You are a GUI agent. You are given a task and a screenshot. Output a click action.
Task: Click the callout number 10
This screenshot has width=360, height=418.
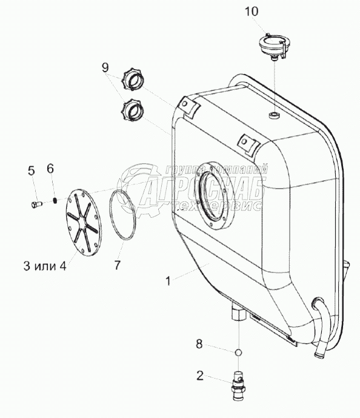(x=252, y=12)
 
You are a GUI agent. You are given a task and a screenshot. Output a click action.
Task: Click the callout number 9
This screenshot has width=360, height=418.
(x=105, y=68)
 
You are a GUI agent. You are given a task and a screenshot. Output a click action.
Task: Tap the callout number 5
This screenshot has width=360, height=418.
(x=32, y=171)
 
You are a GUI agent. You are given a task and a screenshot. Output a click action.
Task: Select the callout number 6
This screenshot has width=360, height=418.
(x=50, y=169)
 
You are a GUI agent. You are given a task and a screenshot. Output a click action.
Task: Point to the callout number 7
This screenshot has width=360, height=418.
(x=118, y=265)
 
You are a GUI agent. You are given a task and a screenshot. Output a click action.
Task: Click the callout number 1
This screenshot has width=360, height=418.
(x=168, y=281)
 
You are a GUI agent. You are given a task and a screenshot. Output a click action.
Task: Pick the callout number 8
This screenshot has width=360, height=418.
(x=199, y=344)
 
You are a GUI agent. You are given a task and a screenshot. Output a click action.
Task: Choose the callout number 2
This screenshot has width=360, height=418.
(x=200, y=376)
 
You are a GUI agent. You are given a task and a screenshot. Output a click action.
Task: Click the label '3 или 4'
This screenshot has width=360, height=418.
(x=45, y=266)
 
